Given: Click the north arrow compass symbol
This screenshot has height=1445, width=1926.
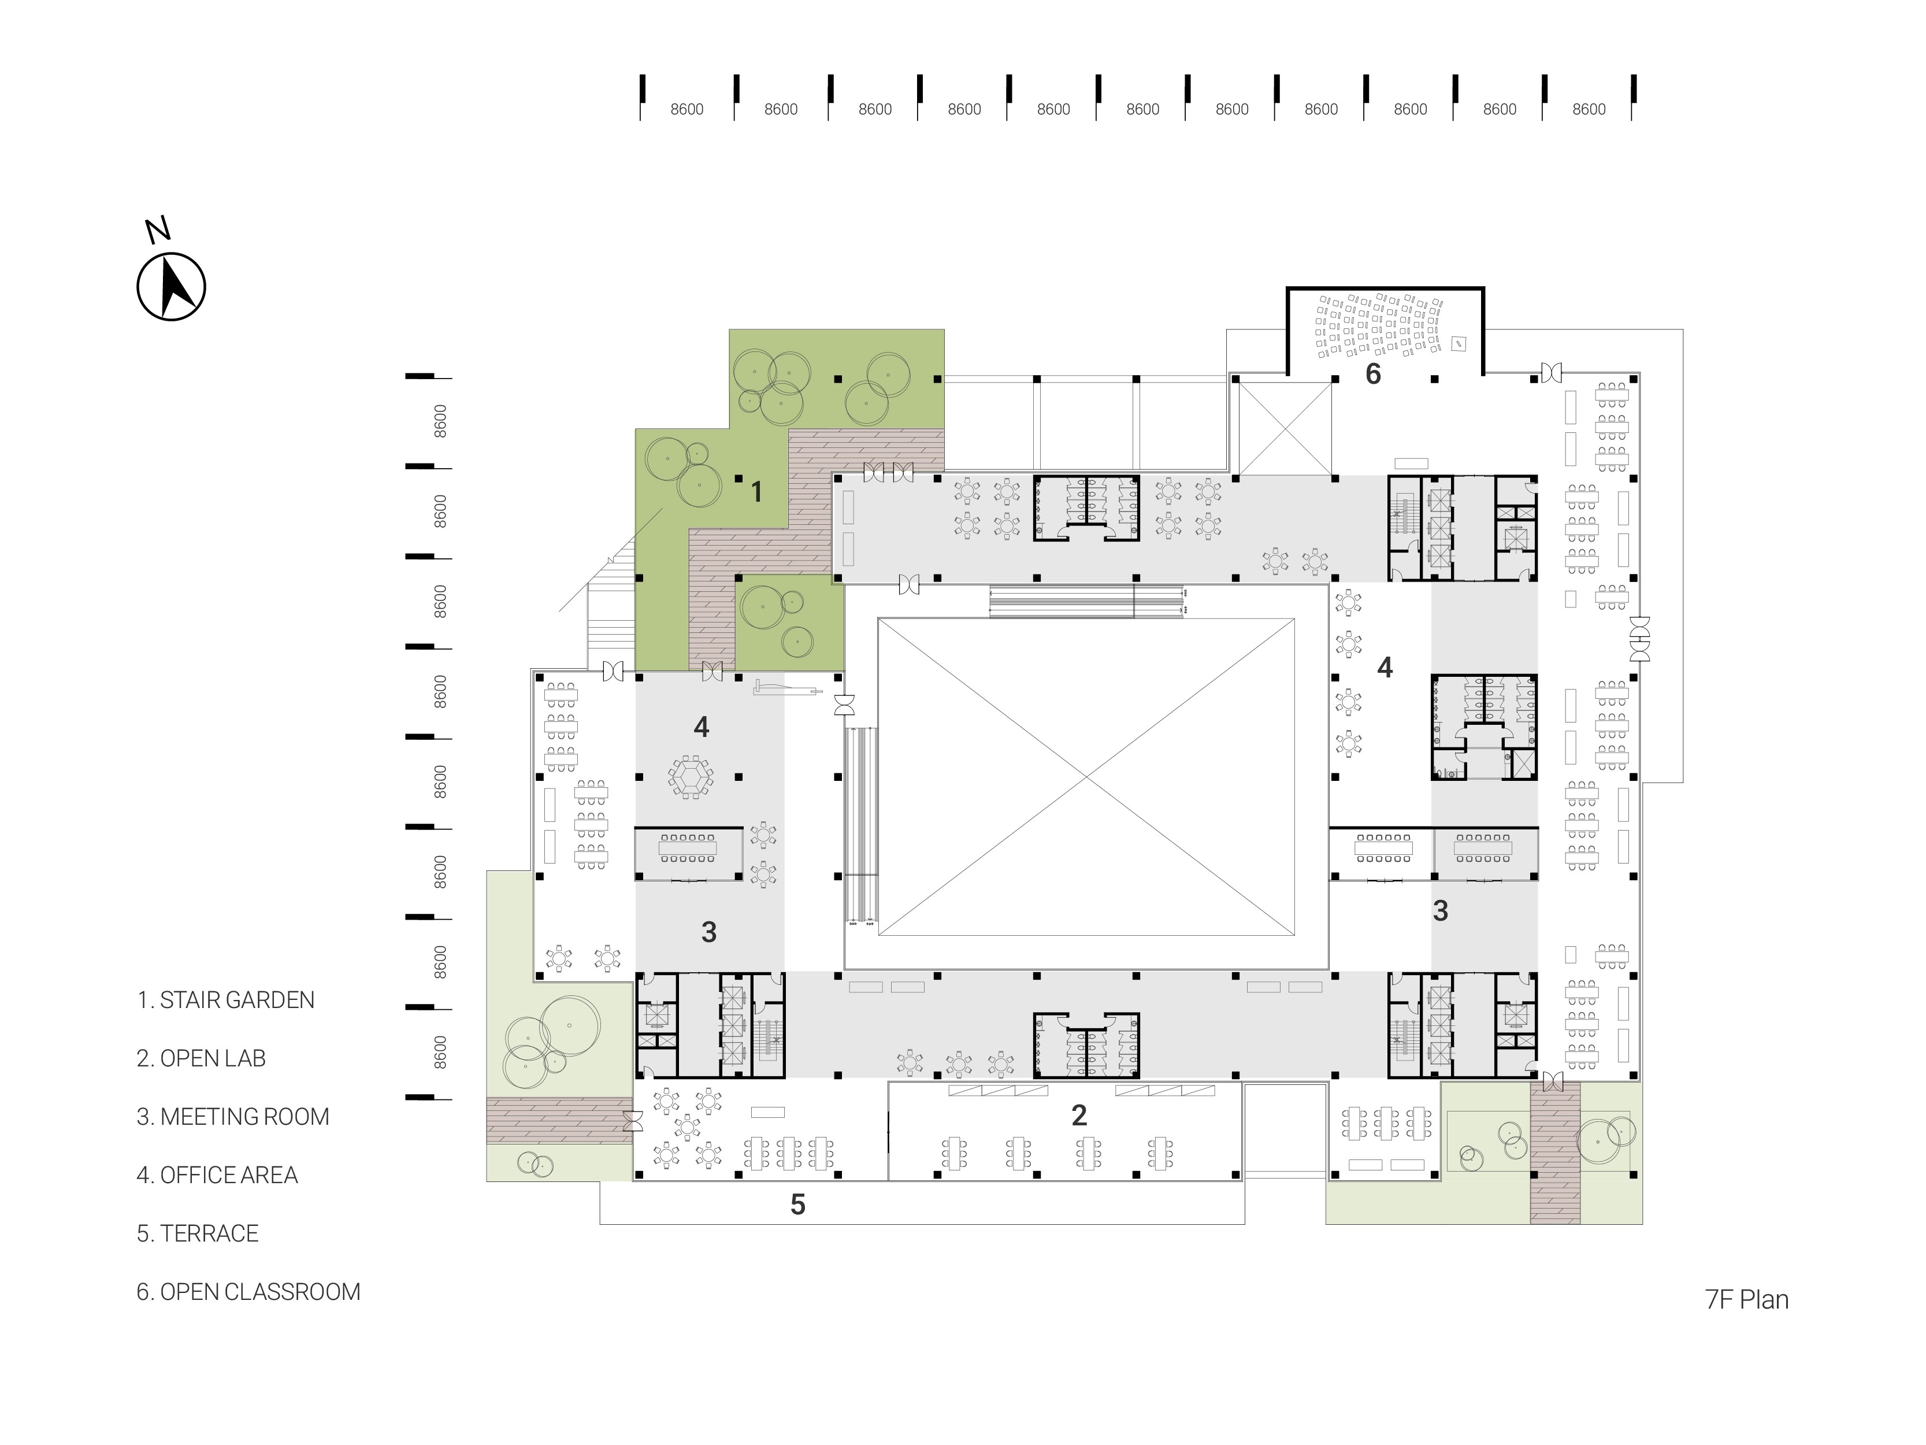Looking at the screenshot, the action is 172,287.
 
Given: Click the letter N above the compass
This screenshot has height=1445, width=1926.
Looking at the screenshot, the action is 158,230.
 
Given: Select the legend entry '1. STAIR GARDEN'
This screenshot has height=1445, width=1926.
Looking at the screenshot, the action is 225,1000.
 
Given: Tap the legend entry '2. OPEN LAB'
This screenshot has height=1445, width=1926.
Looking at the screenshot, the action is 201,1058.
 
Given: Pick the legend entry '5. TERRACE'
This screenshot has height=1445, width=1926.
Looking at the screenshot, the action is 198,1233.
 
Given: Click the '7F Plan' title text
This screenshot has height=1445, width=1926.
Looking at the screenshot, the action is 1747,1299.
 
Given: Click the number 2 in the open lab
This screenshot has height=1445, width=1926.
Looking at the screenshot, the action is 1079,1115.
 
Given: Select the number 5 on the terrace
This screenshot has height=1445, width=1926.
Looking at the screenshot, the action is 797,1205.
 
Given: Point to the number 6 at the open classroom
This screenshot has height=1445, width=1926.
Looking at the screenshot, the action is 1373,373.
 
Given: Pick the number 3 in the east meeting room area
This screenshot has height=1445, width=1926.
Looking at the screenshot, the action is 1441,911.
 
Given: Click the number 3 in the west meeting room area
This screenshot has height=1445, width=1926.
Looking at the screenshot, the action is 709,932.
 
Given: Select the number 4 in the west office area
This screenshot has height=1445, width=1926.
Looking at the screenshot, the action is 702,727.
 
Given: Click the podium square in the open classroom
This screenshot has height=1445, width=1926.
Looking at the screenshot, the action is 1459,344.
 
